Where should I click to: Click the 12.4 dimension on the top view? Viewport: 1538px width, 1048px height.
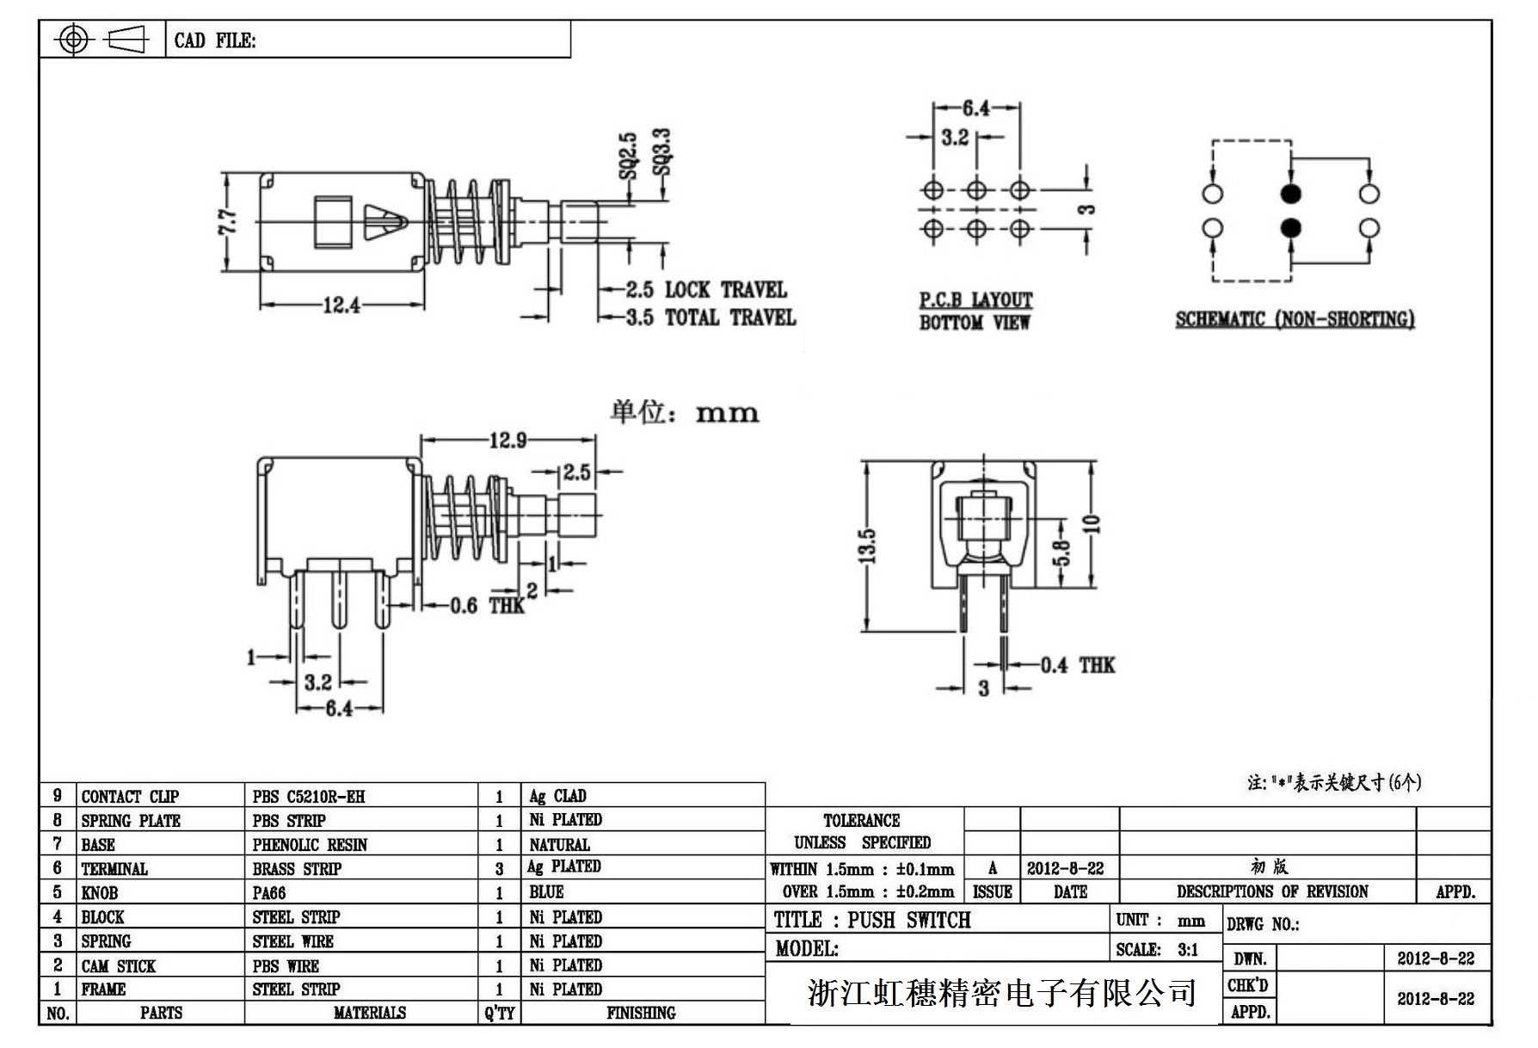[341, 305]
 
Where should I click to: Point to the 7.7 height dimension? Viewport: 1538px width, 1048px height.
[227, 223]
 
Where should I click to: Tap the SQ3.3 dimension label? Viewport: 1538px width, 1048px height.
[661, 151]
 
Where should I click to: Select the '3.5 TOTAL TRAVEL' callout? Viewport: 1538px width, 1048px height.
[711, 317]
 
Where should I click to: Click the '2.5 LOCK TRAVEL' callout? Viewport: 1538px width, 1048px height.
[706, 290]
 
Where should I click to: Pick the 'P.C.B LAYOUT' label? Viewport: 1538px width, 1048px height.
[975, 300]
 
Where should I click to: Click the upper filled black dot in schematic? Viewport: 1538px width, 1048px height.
[1290, 193]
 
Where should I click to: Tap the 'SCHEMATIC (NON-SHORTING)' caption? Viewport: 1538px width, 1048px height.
[1295, 320]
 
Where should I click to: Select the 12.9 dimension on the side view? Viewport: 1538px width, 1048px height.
[508, 441]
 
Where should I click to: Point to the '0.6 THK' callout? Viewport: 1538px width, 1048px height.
[487, 606]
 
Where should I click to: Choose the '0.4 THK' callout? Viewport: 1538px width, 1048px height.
[1077, 665]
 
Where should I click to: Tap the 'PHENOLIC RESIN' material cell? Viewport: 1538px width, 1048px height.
[310, 845]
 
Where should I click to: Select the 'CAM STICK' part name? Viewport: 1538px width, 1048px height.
[119, 965]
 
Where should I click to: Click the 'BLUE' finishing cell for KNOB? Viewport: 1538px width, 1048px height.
[546, 892]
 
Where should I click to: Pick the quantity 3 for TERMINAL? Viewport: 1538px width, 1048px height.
[499, 869]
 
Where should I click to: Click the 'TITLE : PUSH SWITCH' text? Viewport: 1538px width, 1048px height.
[872, 921]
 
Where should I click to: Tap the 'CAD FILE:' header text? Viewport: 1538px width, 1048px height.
[215, 40]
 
